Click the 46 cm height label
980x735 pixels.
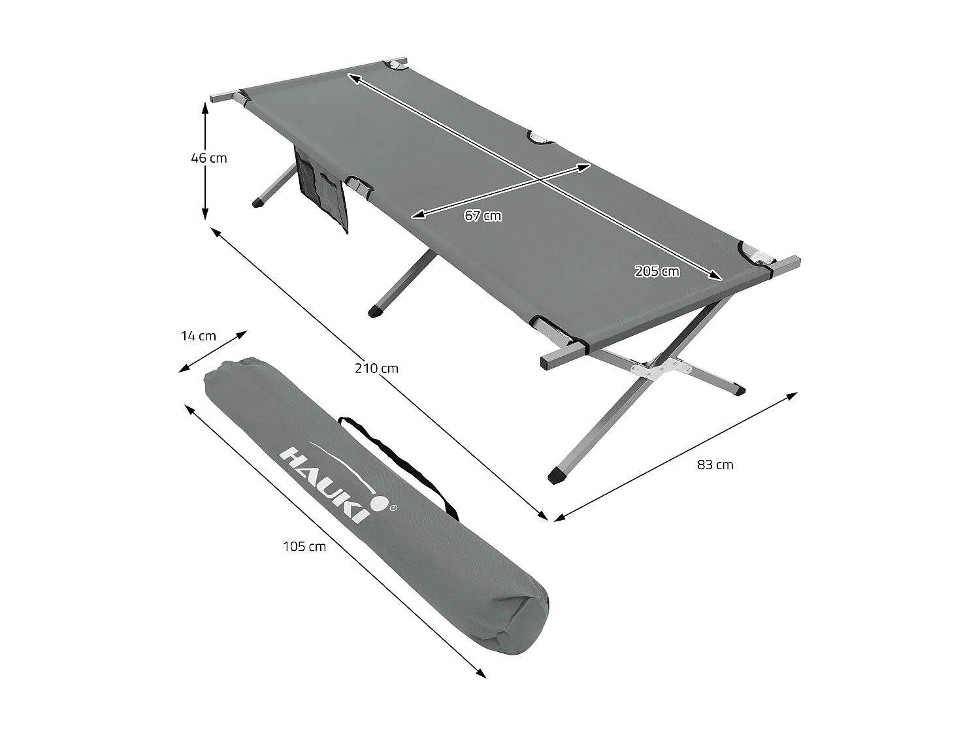coord(209,158)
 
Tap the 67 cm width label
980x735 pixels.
coord(483,216)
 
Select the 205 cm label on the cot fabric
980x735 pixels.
coord(657,271)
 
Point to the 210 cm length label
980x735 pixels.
coord(376,368)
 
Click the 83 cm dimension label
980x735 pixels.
coord(715,465)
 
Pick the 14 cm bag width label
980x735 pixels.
coord(198,336)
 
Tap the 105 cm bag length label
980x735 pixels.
coord(304,546)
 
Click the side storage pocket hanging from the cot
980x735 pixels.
coord(320,189)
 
